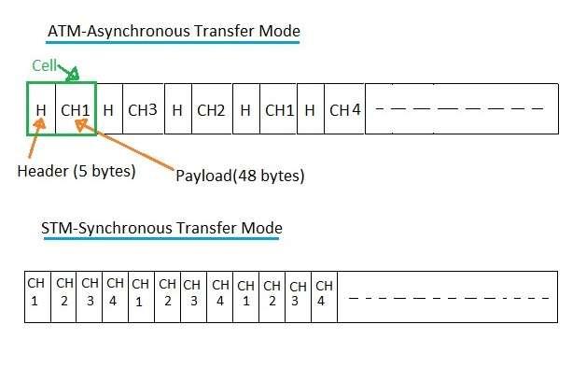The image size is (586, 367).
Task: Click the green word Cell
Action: (x=43, y=65)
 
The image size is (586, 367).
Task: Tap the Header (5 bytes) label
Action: (x=76, y=171)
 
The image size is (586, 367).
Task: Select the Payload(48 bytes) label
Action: (x=240, y=175)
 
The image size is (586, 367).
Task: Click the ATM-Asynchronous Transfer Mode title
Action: (x=174, y=31)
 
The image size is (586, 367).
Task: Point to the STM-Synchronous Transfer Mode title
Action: (x=161, y=228)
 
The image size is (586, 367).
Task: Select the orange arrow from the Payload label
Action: (x=126, y=147)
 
